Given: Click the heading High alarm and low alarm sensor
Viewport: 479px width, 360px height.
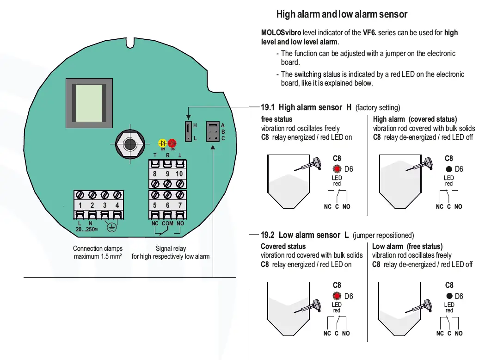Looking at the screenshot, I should click(x=342, y=14).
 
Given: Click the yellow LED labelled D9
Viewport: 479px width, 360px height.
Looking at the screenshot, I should click(x=163, y=143).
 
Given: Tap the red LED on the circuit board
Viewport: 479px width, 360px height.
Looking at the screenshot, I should click(x=172, y=143).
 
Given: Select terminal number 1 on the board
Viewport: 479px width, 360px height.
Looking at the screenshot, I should click(x=80, y=205).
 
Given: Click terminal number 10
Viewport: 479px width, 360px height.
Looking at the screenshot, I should click(x=179, y=174).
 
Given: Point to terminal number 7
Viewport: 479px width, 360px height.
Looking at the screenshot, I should click(x=180, y=205).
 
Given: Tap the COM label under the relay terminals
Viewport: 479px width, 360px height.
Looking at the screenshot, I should click(x=167, y=223).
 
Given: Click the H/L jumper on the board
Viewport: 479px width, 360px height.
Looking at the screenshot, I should click(x=189, y=132).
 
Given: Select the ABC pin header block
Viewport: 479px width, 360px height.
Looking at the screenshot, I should click(x=212, y=132).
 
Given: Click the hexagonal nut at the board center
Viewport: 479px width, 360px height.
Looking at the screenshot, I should click(x=130, y=144).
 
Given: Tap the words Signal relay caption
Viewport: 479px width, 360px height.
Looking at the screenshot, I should click(x=171, y=248).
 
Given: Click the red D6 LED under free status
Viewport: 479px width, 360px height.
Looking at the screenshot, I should click(x=337, y=169).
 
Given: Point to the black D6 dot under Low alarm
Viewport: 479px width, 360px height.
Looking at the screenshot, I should click(x=449, y=296).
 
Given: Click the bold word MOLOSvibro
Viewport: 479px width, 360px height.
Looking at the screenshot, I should click(x=278, y=32).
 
